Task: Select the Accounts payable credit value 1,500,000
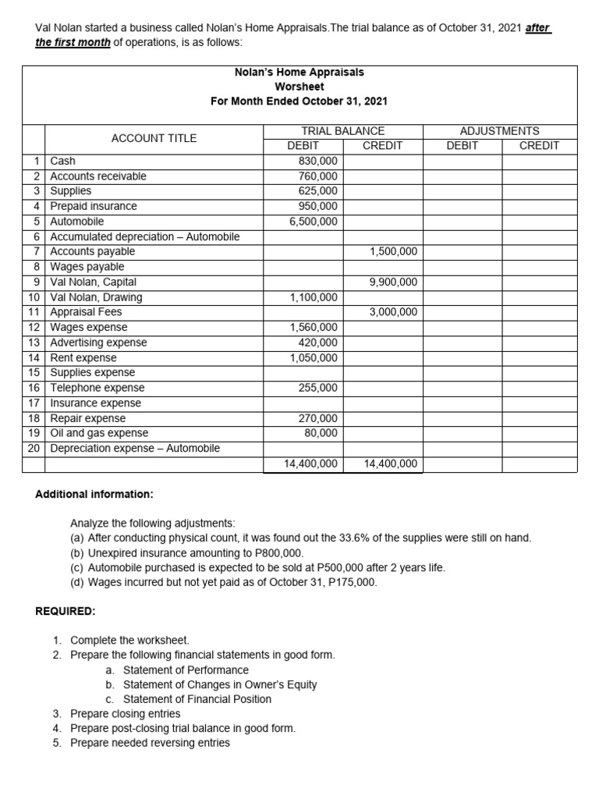[x=393, y=251]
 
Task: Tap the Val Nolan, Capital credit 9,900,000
[x=393, y=282]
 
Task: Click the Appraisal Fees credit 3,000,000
[x=393, y=312]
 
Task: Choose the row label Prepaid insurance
[x=94, y=206]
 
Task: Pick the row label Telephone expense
[x=97, y=388]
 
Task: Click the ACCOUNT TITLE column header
[x=154, y=138]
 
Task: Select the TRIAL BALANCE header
[x=342, y=131]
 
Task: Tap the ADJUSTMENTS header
[x=499, y=131]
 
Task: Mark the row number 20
[x=34, y=448]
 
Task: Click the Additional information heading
[x=94, y=495]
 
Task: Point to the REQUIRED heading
[x=65, y=611]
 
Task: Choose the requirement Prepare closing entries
[x=125, y=713]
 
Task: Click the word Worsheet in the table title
[x=299, y=87]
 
